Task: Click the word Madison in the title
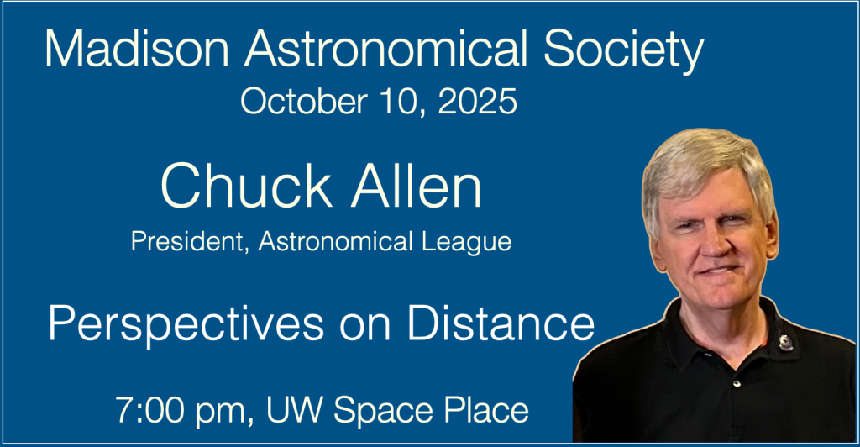[x=137, y=49]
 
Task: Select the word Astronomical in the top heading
[x=386, y=49]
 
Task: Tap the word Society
[x=624, y=51]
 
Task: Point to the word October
[x=304, y=102]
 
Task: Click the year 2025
[x=477, y=102]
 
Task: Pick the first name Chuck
[x=246, y=186]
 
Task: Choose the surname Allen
[x=417, y=186]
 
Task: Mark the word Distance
[x=501, y=323]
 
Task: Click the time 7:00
[x=147, y=410]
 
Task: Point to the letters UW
[x=295, y=410]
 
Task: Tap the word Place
[x=486, y=412]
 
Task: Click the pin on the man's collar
[x=785, y=343]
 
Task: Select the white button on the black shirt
[x=737, y=383]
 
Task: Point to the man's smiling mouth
[x=719, y=271]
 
